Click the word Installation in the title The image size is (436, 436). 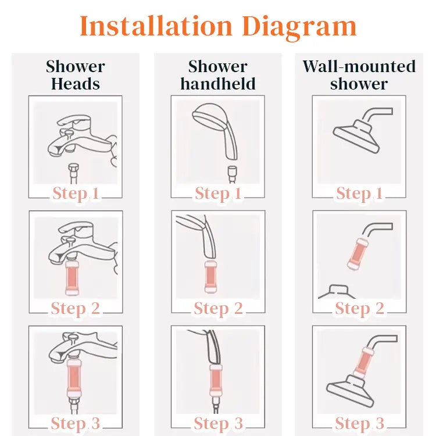tap(156, 26)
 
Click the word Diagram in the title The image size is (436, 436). tap(299, 28)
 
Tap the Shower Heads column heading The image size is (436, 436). tap(76, 75)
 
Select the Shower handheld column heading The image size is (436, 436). tap(218, 75)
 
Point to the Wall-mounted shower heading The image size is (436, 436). tap(359, 75)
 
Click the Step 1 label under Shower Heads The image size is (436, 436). tap(76, 194)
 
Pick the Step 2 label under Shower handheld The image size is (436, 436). tap(218, 309)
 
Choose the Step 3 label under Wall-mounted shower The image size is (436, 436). tap(359, 424)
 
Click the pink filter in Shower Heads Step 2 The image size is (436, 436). tap(72, 278)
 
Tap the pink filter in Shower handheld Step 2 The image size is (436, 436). tap(210, 277)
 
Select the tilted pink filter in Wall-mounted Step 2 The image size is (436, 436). tap(358, 254)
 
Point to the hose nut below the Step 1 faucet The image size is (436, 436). tap(73, 168)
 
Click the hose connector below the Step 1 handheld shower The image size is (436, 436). tap(232, 171)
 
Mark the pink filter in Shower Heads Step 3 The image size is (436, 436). tap(73, 378)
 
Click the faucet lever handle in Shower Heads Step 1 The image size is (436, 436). tap(74, 121)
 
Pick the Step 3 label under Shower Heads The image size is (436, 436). tap(76, 424)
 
